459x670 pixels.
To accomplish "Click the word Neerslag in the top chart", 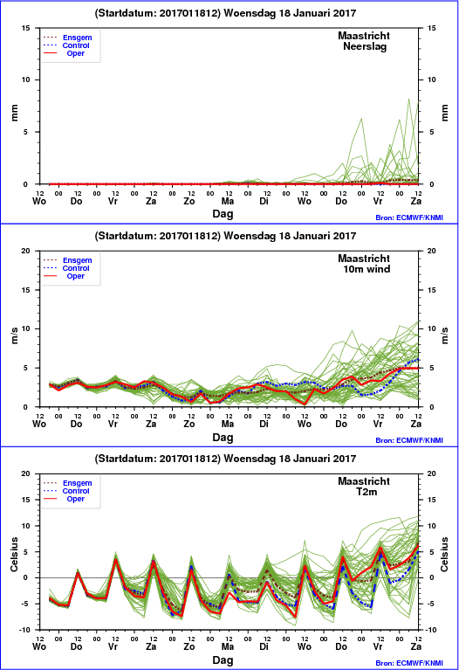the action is click(365, 46).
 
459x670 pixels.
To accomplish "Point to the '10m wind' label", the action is click(367, 269).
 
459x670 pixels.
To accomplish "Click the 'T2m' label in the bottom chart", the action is click(367, 492).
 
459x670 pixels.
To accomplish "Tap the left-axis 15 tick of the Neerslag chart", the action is click(26, 28).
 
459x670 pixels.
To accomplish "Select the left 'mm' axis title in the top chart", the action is click(15, 113).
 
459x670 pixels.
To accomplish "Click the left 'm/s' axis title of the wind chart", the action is click(15, 335).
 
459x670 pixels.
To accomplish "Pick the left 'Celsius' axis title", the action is click(15, 555).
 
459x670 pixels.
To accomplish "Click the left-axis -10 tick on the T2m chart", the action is click(24, 630).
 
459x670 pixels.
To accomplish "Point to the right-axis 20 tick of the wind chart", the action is click(432, 251).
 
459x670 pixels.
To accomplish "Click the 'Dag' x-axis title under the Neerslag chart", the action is click(223, 214).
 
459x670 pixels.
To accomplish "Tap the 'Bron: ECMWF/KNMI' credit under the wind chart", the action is click(409, 440).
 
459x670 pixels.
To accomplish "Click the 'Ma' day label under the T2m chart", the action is click(228, 646).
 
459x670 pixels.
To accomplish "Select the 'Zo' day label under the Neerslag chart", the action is click(189, 201).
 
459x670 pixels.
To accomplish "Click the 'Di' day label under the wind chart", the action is click(264, 424).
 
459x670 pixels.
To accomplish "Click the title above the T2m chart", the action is click(225, 459).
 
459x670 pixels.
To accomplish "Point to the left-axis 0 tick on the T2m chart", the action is click(25, 577).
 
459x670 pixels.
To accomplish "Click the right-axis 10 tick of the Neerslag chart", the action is click(432, 79).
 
